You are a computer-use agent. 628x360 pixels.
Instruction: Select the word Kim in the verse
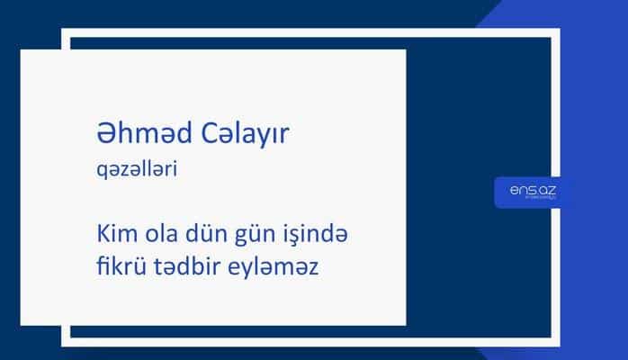[114, 237]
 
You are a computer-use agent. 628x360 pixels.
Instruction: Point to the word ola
[164, 237]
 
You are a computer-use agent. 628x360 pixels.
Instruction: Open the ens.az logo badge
[532, 192]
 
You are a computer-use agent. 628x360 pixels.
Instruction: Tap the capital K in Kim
[101, 237]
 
